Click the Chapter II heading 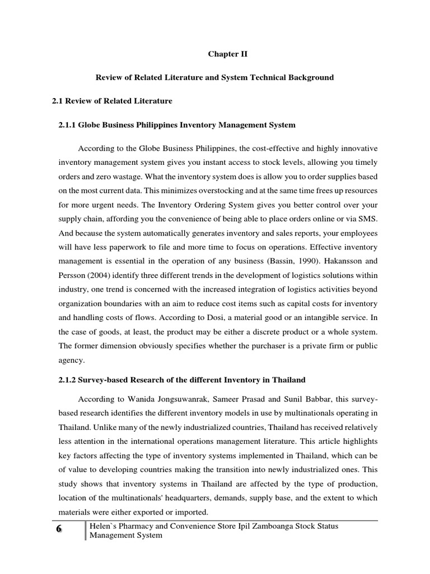[x=227, y=54]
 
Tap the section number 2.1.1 [x=70, y=124]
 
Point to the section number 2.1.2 [x=70, y=380]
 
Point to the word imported [x=189, y=512]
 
